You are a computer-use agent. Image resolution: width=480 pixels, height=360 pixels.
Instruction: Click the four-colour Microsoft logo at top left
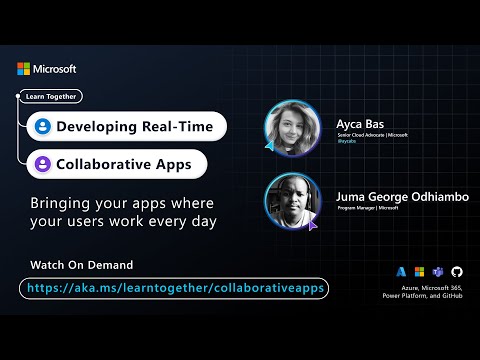24,69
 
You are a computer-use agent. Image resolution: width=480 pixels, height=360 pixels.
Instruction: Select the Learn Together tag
50,97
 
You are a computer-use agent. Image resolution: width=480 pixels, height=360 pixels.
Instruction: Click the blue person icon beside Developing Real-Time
42,127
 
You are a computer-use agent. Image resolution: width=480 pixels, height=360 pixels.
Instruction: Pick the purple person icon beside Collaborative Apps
42,163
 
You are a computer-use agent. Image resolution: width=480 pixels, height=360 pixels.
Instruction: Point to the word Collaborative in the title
112,163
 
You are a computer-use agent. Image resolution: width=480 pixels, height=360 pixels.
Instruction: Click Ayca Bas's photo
291,128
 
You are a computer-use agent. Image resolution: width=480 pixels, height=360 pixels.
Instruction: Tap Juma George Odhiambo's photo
291,201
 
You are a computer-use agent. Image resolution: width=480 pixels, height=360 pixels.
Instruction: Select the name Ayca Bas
358,124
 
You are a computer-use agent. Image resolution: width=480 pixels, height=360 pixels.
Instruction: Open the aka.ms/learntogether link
174,288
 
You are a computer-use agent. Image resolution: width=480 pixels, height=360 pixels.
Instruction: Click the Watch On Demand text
83,264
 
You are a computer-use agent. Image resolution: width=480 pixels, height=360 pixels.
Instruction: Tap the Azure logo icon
401,271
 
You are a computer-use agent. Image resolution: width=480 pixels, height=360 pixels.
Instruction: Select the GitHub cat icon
458,271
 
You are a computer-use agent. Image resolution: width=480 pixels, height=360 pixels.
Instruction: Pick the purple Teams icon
439,271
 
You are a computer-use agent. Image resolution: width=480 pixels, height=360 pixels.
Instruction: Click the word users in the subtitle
105,220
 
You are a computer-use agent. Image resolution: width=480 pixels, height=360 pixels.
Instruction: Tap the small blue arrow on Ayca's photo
270,146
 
